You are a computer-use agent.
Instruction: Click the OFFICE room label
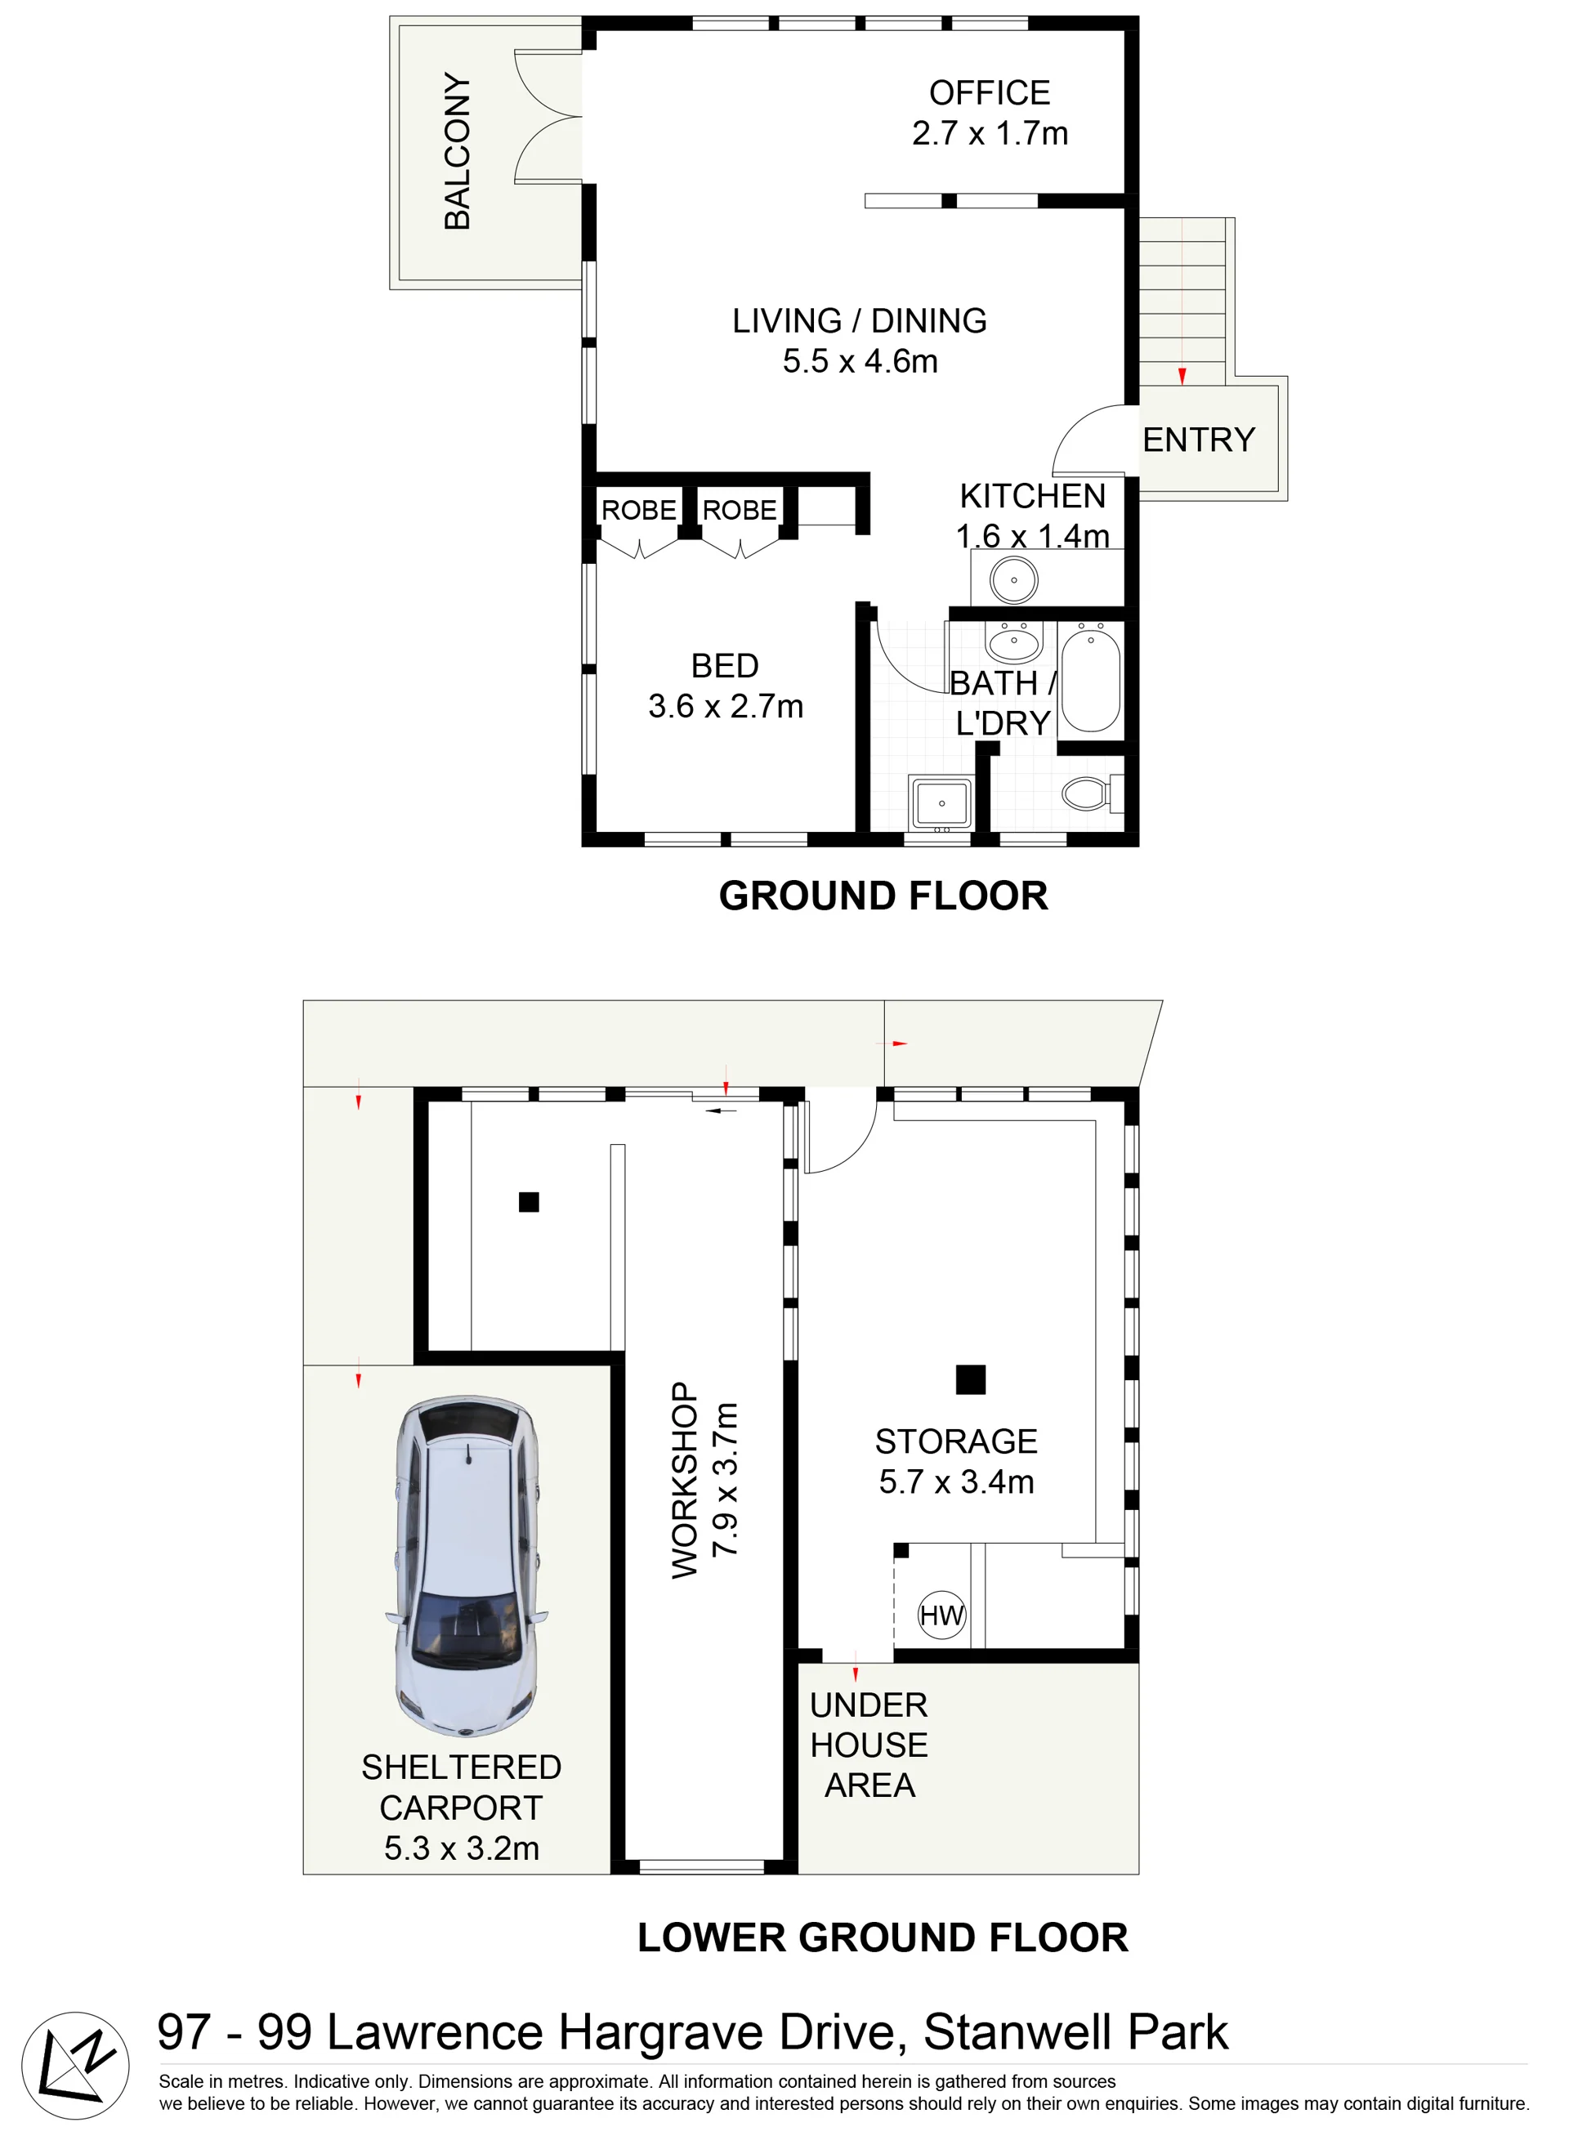[x=990, y=93]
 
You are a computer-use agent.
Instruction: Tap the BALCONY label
[x=457, y=151]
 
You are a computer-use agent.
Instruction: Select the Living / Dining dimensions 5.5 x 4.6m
[x=860, y=362]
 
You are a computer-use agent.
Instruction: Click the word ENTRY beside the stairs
[x=1199, y=440]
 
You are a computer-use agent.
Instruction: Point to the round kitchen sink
[x=1013, y=579]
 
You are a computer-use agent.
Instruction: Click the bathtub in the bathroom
[x=1090, y=678]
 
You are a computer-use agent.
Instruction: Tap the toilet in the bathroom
[x=1093, y=792]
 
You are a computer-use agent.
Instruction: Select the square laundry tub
[x=941, y=803]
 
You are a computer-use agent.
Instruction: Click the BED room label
[x=725, y=666]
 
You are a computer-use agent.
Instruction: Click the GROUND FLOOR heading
[x=883, y=896]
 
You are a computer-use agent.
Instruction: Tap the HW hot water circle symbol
[x=941, y=1615]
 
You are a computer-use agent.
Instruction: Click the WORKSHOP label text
[x=685, y=1481]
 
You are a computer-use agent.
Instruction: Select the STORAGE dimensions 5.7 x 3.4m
[x=956, y=1481]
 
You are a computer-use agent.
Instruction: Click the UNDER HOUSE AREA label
[x=869, y=1745]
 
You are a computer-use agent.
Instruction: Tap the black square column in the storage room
[x=971, y=1379]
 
